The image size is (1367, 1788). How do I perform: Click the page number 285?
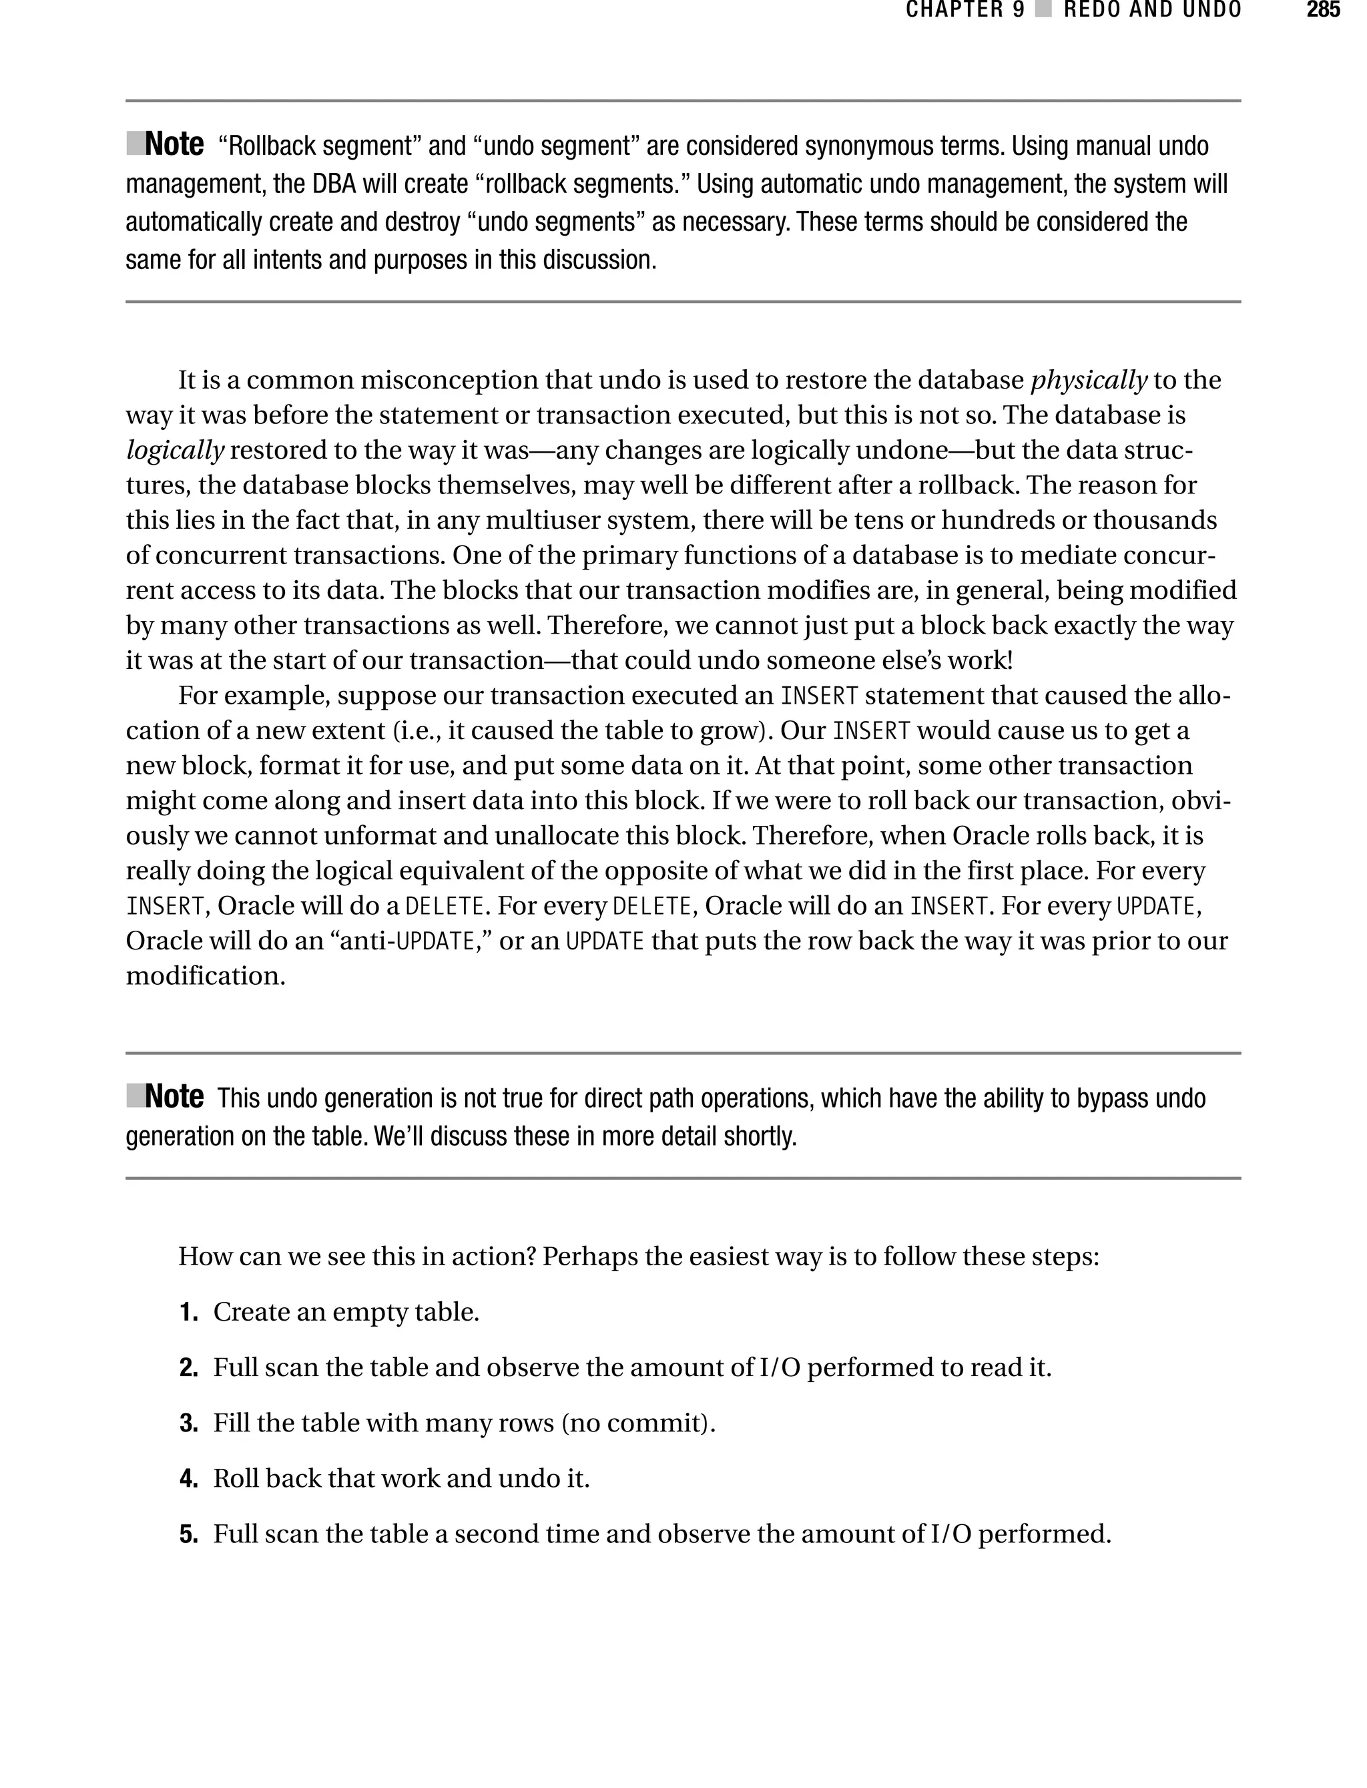[1322, 11]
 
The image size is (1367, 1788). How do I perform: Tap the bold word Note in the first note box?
[174, 145]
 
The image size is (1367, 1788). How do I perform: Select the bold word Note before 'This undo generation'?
[174, 1097]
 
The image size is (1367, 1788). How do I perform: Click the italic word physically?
[1089, 380]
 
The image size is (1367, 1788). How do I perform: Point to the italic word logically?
[174, 450]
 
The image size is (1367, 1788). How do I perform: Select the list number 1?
[188, 1313]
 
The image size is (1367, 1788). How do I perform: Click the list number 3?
[188, 1423]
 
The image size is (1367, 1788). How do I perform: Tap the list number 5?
[188, 1535]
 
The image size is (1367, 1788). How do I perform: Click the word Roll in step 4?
[236, 1479]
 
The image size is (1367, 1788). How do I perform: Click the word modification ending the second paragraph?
[204, 977]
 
